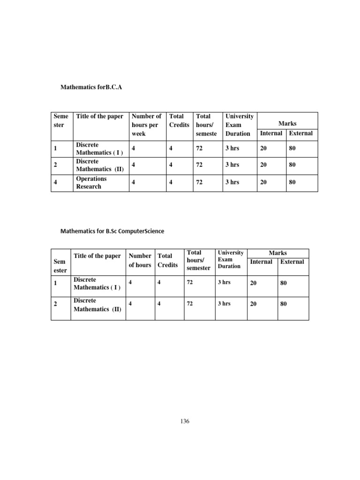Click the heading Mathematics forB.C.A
click(x=91, y=87)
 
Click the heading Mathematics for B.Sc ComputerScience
click(x=112, y=231)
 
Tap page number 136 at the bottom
click(x=185, y=421)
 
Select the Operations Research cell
click(x=91, y=182)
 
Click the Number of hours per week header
click(x=146, y=125)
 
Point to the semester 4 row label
click(x=55, y=182)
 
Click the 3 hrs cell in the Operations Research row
click(x=232, y=182)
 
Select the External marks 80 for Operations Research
click(x=292, y=182)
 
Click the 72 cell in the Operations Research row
click(x=199, y=182)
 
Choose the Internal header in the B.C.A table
click(x=271, y=133)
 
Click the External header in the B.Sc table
click(x=292, y=262)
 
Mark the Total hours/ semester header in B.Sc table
click(x=198, y=260)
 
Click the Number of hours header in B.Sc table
click(x=140, y=260)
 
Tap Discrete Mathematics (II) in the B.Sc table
click(x=97, y=305)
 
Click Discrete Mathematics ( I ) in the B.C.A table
click(x=98, y=149)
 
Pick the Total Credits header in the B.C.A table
click(x=179, y=120)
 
